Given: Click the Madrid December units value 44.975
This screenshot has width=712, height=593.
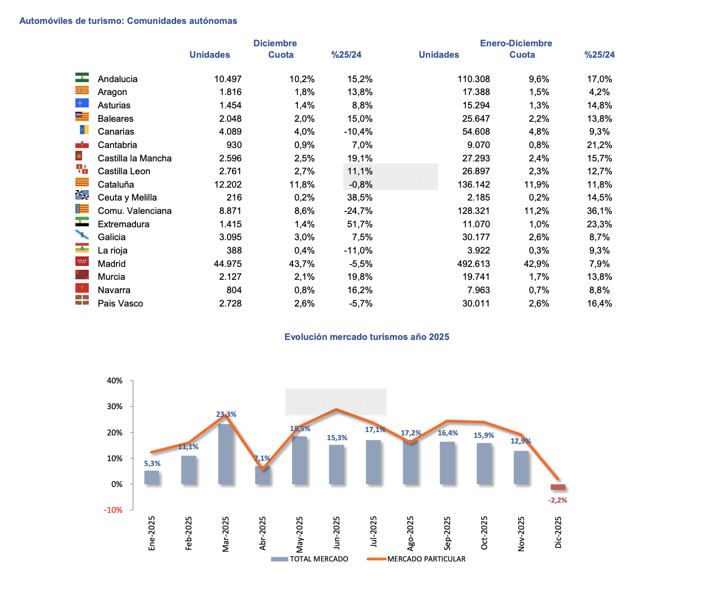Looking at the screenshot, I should (x=228, y=264).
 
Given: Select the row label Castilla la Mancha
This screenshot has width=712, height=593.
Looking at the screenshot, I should (x=135, y=158).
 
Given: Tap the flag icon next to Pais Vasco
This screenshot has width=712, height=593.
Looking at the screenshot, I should (x=82, y=300).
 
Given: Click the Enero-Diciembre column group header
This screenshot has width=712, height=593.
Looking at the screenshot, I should (x=516, y=43).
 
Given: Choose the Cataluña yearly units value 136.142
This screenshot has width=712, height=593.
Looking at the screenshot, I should (x=473, y=184).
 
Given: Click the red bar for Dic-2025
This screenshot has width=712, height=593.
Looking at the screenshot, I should (x=558, y=487).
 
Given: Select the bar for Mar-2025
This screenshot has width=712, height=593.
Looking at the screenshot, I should (x=226, y=454).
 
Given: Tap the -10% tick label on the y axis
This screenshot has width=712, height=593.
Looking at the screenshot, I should (x=114, y=510).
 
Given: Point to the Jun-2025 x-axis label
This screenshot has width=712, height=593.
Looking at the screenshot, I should (x=337, y=532).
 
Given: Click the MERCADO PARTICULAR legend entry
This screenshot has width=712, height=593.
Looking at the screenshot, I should (x=416, y=559).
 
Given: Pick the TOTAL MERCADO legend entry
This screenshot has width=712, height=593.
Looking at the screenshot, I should (x=310, y=559).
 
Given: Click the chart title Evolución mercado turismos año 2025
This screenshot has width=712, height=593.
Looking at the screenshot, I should (x=366, y=337).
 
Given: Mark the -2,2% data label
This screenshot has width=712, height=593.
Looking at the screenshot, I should (x=557, y=500).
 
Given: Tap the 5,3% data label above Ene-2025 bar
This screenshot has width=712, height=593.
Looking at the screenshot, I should (x=152, y=464).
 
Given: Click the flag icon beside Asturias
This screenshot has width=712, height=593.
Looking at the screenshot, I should (x=82, y=103).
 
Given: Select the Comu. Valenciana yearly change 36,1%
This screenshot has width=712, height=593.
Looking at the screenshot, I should (x=599, y=211).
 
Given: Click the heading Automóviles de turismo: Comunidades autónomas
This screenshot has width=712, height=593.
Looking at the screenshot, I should (x=128, y=21).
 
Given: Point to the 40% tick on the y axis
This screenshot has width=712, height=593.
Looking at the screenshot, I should (x=115, y=381).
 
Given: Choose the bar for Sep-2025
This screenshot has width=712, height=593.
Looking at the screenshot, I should (x=447, y=463).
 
